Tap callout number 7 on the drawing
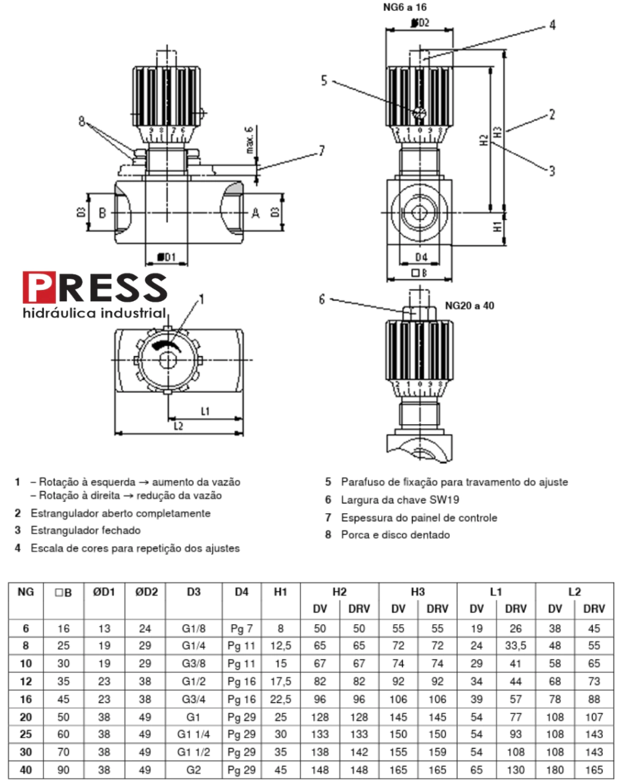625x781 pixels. click(x=322, y=151)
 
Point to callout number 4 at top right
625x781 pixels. click(x=552, y=25)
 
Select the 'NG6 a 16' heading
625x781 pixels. click(x=405, y=7)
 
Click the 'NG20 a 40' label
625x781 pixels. click(x=469, y=305)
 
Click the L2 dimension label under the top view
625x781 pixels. click(x=178, y=426)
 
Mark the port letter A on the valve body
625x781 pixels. click(x=256, y=212)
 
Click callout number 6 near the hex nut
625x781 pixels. click(x=322, y=299)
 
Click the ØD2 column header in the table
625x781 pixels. click(x=145, y=592)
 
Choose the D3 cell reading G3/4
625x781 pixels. click(x=193, y=699)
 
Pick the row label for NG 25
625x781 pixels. click(x=26, y=735)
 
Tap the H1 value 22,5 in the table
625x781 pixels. click(x=281, y=699)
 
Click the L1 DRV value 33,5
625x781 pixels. click(x=516, y=646)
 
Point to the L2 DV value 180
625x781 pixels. click(x=555, y=770)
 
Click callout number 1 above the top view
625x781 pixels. click(x=202, y=299)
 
